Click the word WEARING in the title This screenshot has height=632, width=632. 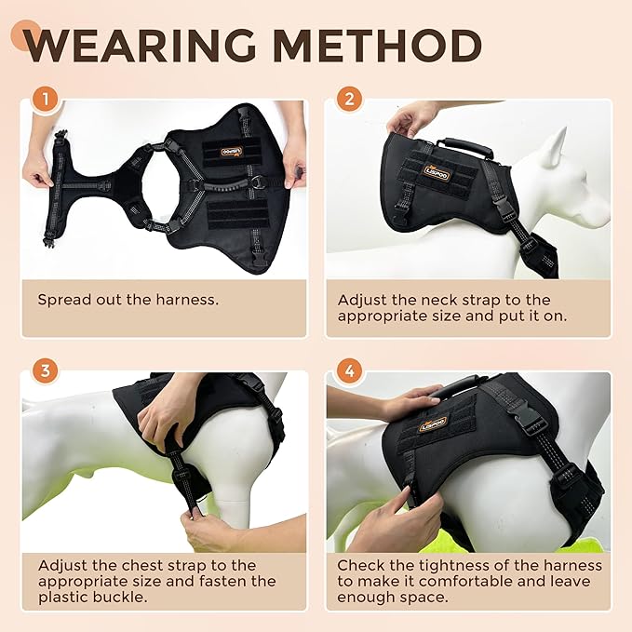(137, 46)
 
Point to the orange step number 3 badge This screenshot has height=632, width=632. (43, 371)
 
